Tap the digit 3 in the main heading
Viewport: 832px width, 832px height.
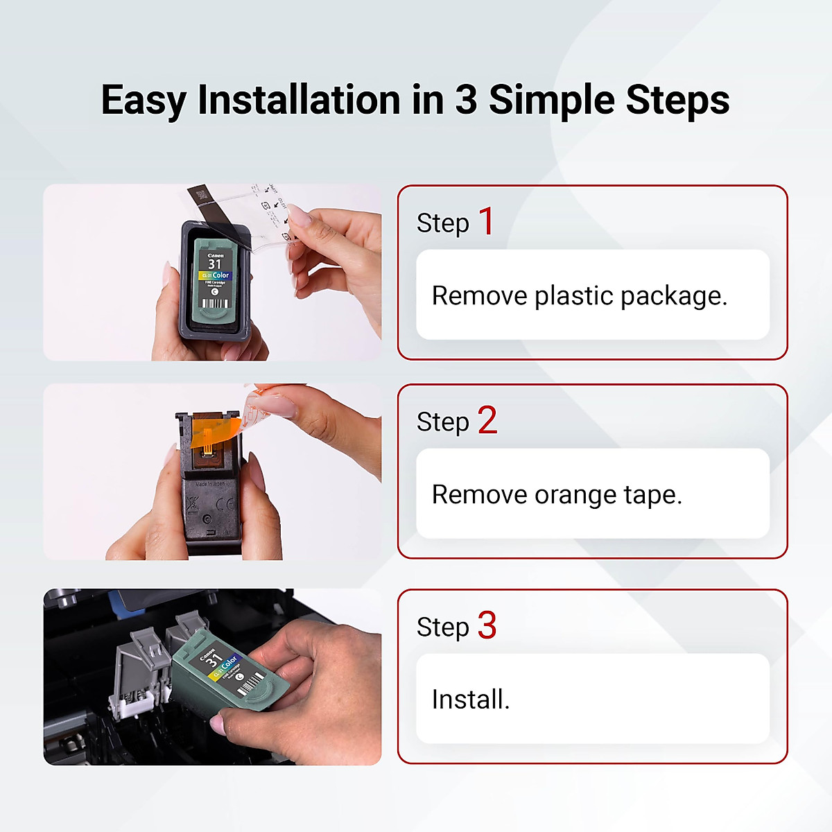466,99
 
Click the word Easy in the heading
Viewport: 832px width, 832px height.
143,101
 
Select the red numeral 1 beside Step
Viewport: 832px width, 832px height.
487,222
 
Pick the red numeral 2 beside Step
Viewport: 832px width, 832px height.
487,421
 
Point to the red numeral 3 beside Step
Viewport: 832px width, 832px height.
487,625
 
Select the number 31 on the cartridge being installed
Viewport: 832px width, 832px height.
213,659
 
